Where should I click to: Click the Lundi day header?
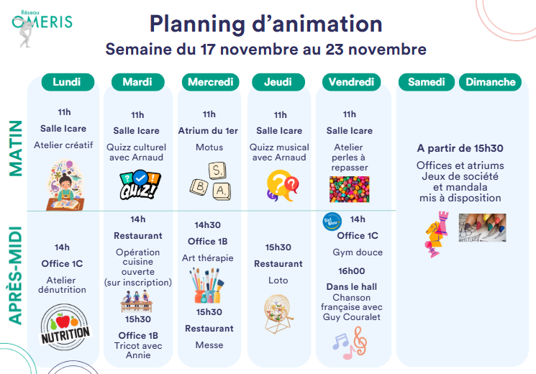point(68,82)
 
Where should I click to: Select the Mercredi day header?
point(210,82)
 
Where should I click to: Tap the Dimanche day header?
point(490,82)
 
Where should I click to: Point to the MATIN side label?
point(15,148)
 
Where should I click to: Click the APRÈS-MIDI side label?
point(15,275)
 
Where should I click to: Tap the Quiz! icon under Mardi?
point(140,185)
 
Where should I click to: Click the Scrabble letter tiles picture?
point(211,181)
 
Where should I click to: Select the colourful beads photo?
point(350,189)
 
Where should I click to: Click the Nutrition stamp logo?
point(65,327)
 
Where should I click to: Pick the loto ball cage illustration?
point(278,314)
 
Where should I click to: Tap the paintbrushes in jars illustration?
point(207,286)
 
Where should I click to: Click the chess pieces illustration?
point(437,234)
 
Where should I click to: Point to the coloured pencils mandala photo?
point(482,228)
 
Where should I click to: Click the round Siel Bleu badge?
point(332,222)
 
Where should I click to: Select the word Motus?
point(209,147)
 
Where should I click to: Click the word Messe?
point(209,345)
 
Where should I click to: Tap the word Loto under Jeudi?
point(278,280)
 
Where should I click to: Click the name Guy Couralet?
point(351,317)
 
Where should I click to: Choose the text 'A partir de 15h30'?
point(460,148)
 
